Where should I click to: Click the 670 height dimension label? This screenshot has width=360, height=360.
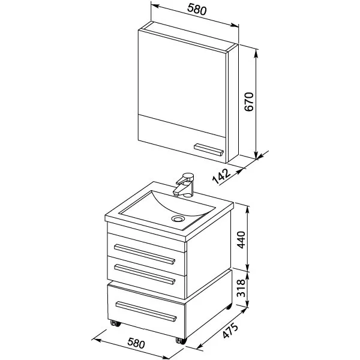249,102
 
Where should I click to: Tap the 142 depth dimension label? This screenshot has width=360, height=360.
221,176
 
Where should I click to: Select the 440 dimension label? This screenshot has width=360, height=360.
241,239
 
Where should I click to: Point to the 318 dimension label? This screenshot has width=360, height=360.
241,288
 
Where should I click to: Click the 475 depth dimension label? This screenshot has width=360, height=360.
230,331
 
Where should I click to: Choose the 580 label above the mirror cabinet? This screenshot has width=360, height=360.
197,10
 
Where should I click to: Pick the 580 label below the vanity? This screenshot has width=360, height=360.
136,343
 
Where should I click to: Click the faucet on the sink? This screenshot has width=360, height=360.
184,185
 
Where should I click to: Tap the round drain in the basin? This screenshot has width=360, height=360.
178,218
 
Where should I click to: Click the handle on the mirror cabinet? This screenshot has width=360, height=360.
208,149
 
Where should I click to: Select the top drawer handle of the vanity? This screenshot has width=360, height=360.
145,254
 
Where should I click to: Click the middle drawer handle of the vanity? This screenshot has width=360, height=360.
145,275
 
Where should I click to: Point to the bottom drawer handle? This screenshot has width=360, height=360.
146,311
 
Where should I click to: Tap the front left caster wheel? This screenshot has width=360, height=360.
115,323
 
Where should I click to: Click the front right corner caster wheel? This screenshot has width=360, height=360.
181,340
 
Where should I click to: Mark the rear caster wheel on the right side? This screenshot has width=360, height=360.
229,306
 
